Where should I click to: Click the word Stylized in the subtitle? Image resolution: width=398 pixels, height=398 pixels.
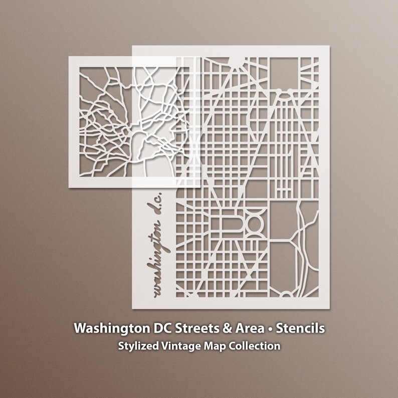tap(137, 346)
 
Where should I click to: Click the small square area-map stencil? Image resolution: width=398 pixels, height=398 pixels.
tap(100, 120)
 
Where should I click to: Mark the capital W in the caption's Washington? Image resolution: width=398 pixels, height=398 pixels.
tap(80, 329)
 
